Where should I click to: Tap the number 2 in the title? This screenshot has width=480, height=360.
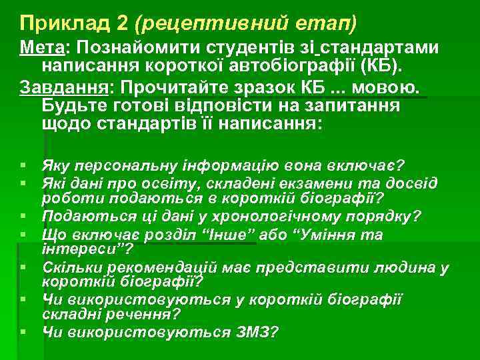point(122,23)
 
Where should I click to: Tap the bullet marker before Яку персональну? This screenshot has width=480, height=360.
point(23,165)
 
